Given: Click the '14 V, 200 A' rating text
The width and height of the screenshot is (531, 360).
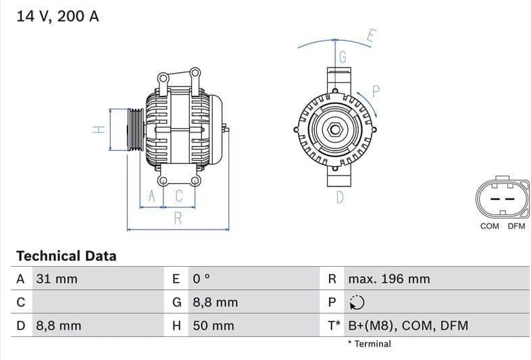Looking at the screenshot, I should [57, 16].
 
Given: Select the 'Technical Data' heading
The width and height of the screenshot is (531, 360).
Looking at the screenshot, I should [66, 256].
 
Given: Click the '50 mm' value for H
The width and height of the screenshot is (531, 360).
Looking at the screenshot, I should [213, 326].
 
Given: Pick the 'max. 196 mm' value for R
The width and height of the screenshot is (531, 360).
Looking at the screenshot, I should [388, 279].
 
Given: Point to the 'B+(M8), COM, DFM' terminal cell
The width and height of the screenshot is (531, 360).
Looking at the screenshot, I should [407, 326].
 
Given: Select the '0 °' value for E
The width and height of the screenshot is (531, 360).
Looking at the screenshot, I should [201, 279].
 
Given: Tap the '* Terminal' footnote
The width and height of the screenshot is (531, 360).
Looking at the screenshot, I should [369, 344].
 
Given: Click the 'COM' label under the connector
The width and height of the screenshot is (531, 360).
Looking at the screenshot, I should [489, 226].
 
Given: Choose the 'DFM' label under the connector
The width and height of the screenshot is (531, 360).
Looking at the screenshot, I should [516, 226].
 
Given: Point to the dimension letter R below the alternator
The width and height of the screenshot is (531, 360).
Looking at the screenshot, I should [178, 217].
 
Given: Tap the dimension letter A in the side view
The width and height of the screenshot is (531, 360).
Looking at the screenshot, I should [152, 196].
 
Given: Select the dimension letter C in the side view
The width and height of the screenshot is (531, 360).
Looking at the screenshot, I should [179, 196].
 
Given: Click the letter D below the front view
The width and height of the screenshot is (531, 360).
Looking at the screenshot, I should [340, 197].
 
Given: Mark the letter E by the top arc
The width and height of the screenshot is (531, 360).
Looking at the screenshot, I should [371, 36].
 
